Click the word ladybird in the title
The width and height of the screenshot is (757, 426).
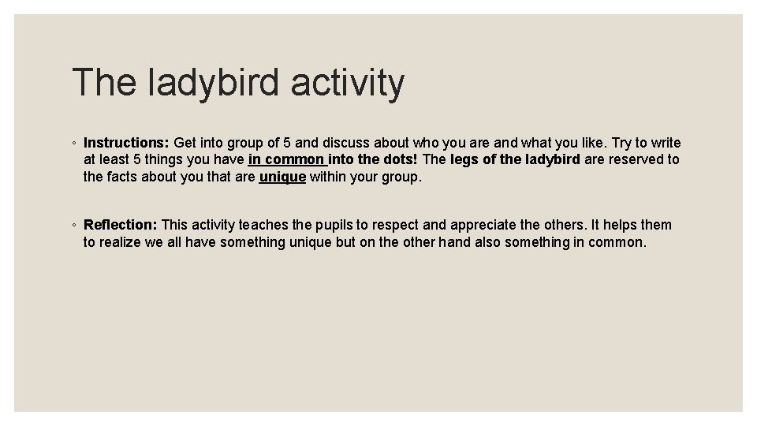coord(214,83)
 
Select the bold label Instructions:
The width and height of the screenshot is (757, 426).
coord(126,143)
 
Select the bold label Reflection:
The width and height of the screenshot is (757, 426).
coord(121,226)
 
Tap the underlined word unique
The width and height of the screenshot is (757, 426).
coord(282,177)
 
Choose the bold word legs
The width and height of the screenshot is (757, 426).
coord(464,159)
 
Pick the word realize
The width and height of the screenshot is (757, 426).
coord(120,243)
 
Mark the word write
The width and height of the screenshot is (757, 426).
coord(666,143)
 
